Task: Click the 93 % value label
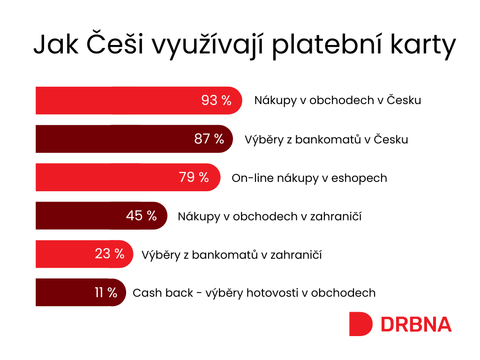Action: coord(216,100)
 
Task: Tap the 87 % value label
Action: coord(209,139)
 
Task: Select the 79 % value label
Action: coord(194,177)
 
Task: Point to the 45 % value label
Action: coord(142,216)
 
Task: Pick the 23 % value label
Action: coord(110,254)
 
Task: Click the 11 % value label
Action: coord(106,292)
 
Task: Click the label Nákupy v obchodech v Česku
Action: coord(337,100)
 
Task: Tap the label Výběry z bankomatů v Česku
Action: coord(326,140)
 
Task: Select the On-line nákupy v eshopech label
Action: coord(309,178)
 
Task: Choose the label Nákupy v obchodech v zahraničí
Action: coord(270,217)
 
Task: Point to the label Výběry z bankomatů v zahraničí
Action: coord(232,255)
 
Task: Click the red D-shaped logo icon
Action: coord(360,324)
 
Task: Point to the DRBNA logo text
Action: coord(416,324)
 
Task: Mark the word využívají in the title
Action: coord(208,45)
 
